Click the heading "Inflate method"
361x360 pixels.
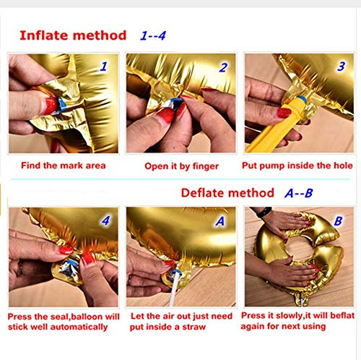tap(73, 35)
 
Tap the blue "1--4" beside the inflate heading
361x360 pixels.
tap(153, 35)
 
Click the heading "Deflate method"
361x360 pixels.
tap(227, 193)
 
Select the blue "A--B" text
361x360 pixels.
tap(299, 193)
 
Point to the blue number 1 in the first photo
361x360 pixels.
tap(104, 67)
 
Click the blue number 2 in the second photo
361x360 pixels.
tap(223, 68)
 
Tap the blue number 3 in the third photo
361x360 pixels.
tap(342, 67)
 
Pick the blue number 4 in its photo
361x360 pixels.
tap(106, 220)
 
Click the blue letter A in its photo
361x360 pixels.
tap(219, 221)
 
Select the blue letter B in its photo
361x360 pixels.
tap(338, 220)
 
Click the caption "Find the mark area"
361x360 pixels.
tap(64, 166)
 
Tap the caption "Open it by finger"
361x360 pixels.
tap(182, 166)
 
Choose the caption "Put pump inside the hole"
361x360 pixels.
tap(297, 166)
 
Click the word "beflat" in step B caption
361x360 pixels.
tap(342, 315)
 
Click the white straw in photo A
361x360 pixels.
tap(175, 289)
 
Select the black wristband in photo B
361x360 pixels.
tap(264, 212)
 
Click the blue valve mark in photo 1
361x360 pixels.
tap(62, 105)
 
